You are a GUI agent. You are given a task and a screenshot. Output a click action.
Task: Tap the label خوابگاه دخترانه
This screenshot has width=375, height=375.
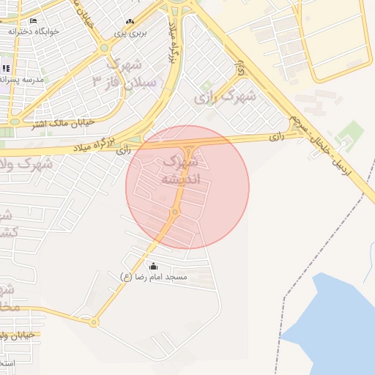(x=34, y=31)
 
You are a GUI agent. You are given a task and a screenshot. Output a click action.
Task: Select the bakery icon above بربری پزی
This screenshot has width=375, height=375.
(x=130, y=22)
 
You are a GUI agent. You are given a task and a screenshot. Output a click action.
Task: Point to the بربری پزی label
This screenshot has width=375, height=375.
(x=133, y=33)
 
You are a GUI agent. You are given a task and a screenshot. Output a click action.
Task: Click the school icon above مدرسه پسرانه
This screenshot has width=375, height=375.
(x=6, y=68)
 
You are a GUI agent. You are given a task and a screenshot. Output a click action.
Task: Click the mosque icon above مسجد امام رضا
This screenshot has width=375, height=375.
(x=153, y=266)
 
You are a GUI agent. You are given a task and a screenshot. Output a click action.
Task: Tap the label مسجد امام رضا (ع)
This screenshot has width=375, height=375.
(x=154, y=277)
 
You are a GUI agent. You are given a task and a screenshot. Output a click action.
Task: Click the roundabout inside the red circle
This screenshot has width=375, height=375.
(x=174, y=212)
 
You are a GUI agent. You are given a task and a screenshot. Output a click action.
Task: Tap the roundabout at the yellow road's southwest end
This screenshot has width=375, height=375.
(x=94, y=322)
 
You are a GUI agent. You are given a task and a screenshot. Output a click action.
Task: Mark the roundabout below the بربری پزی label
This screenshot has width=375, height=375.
(x=104, y=48)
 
